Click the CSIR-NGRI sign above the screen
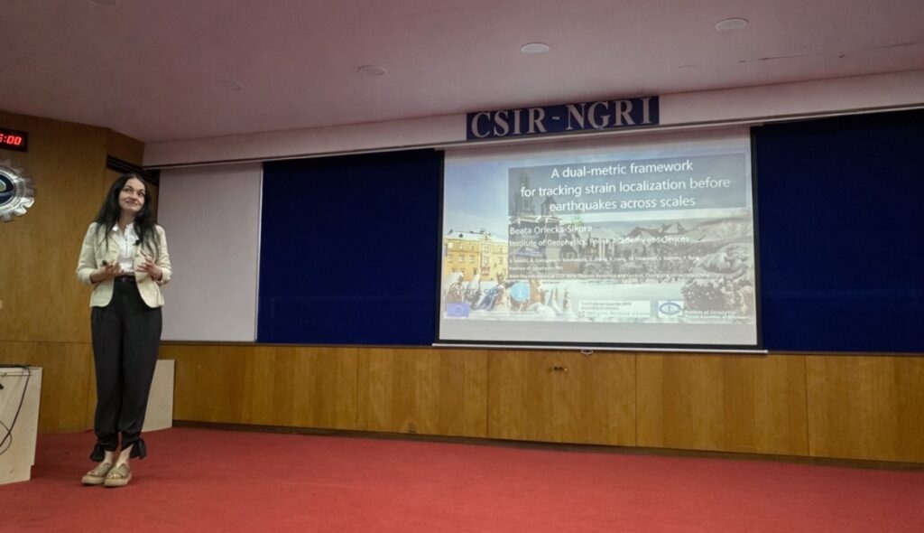tap(562, 118)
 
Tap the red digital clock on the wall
tap(12, 139)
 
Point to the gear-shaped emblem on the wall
tap(13, 191)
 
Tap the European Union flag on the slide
tap(457, 309)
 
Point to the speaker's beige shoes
tap(107, 472)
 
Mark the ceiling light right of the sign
tap(731, 24)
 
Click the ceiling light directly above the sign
tap(534, 48)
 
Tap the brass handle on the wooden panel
tap(560, 369)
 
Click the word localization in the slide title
tap(662, 185)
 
